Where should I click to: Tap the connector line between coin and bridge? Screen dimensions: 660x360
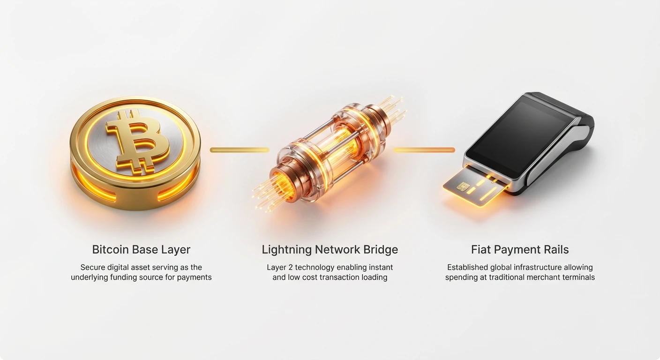coord(240,150)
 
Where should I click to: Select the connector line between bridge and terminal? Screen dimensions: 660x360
coord(424,150)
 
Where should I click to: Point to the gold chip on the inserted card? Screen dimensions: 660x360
coord(463,186)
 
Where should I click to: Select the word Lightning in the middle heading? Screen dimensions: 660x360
coord(287,250)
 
